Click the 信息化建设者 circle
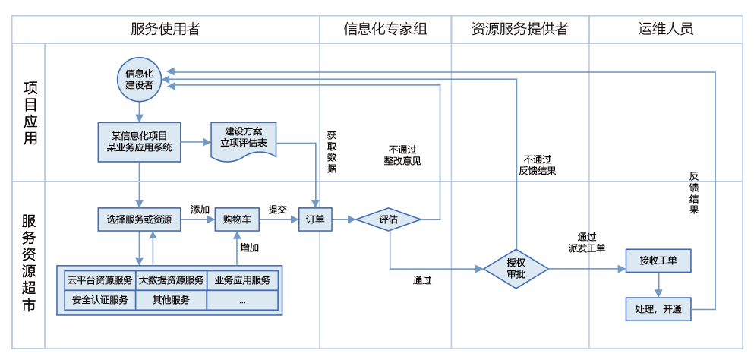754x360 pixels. (139, 79)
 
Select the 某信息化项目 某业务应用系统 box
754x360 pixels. (139, 141)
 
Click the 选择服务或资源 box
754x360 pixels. (139, 219)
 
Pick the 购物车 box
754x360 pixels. (237, 219)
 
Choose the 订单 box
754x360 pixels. (315, 219)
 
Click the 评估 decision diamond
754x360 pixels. (388, 219)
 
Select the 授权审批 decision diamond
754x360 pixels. (516, 269)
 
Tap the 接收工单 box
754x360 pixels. (658, 261)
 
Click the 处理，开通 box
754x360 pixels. (658, 309)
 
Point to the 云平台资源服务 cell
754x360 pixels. (100, 280)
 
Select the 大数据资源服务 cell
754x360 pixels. (171, 280)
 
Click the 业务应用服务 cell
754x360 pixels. (242, 280)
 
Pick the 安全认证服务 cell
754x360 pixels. (100, 300)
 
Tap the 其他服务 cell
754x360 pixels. (171, 300)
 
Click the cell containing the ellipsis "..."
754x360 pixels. (242, 300)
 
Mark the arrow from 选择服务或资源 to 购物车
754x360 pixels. (197, 219)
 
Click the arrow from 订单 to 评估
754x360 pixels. (345, 219)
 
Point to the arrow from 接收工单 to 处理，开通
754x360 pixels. (658, 286)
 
